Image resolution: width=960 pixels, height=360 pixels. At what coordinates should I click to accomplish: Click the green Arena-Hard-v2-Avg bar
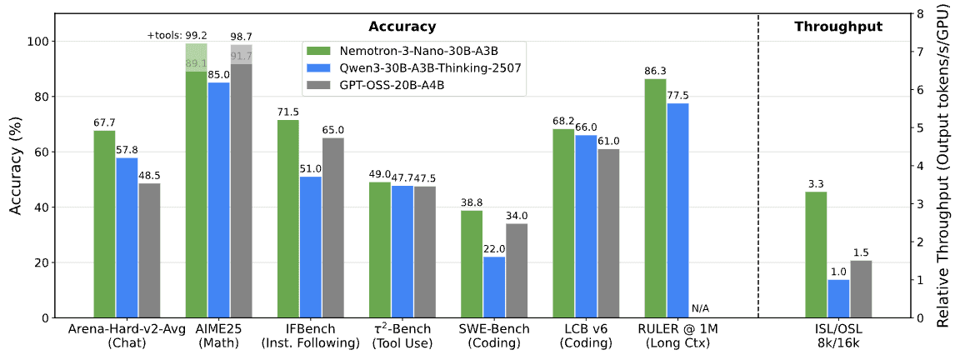[x=104, y=224]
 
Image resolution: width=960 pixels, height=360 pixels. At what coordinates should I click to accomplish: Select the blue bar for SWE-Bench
[x=493, y=287]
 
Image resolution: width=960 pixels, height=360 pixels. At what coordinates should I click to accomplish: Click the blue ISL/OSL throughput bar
[x=838, y=298]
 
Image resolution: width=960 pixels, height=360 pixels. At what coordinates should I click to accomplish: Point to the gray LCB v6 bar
[x=608, y=233]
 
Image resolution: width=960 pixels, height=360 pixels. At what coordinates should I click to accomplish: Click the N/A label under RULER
[x=701, y=308]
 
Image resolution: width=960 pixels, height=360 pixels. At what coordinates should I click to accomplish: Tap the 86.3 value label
[x=655, y=72]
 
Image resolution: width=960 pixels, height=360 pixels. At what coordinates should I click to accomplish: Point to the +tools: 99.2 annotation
[x=178, y=36]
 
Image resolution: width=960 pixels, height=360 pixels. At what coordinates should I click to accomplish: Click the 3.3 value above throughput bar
[x=816, y=184]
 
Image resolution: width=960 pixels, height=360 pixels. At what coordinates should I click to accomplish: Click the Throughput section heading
[x=838, y=27]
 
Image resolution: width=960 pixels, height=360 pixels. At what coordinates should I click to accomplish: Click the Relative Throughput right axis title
[x=943, y=165]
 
